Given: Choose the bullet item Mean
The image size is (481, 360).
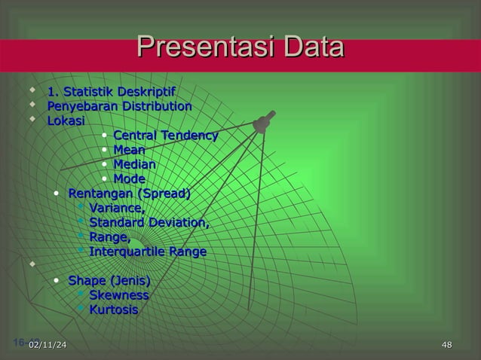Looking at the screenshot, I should [x=129, y=151].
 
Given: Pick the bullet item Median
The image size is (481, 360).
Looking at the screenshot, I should [x=134, y=165].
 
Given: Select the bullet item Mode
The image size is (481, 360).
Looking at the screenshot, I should [x=129, y=179].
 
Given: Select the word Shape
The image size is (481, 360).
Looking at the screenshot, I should [x=87, y=282].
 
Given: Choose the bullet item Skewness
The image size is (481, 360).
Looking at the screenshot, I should [x=118, y=296].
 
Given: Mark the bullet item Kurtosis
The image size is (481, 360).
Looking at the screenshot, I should [x=113, y=310].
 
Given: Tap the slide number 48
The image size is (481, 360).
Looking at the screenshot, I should [x=446, y=346].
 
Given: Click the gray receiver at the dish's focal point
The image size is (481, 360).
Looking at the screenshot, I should [x=263, y=123].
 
